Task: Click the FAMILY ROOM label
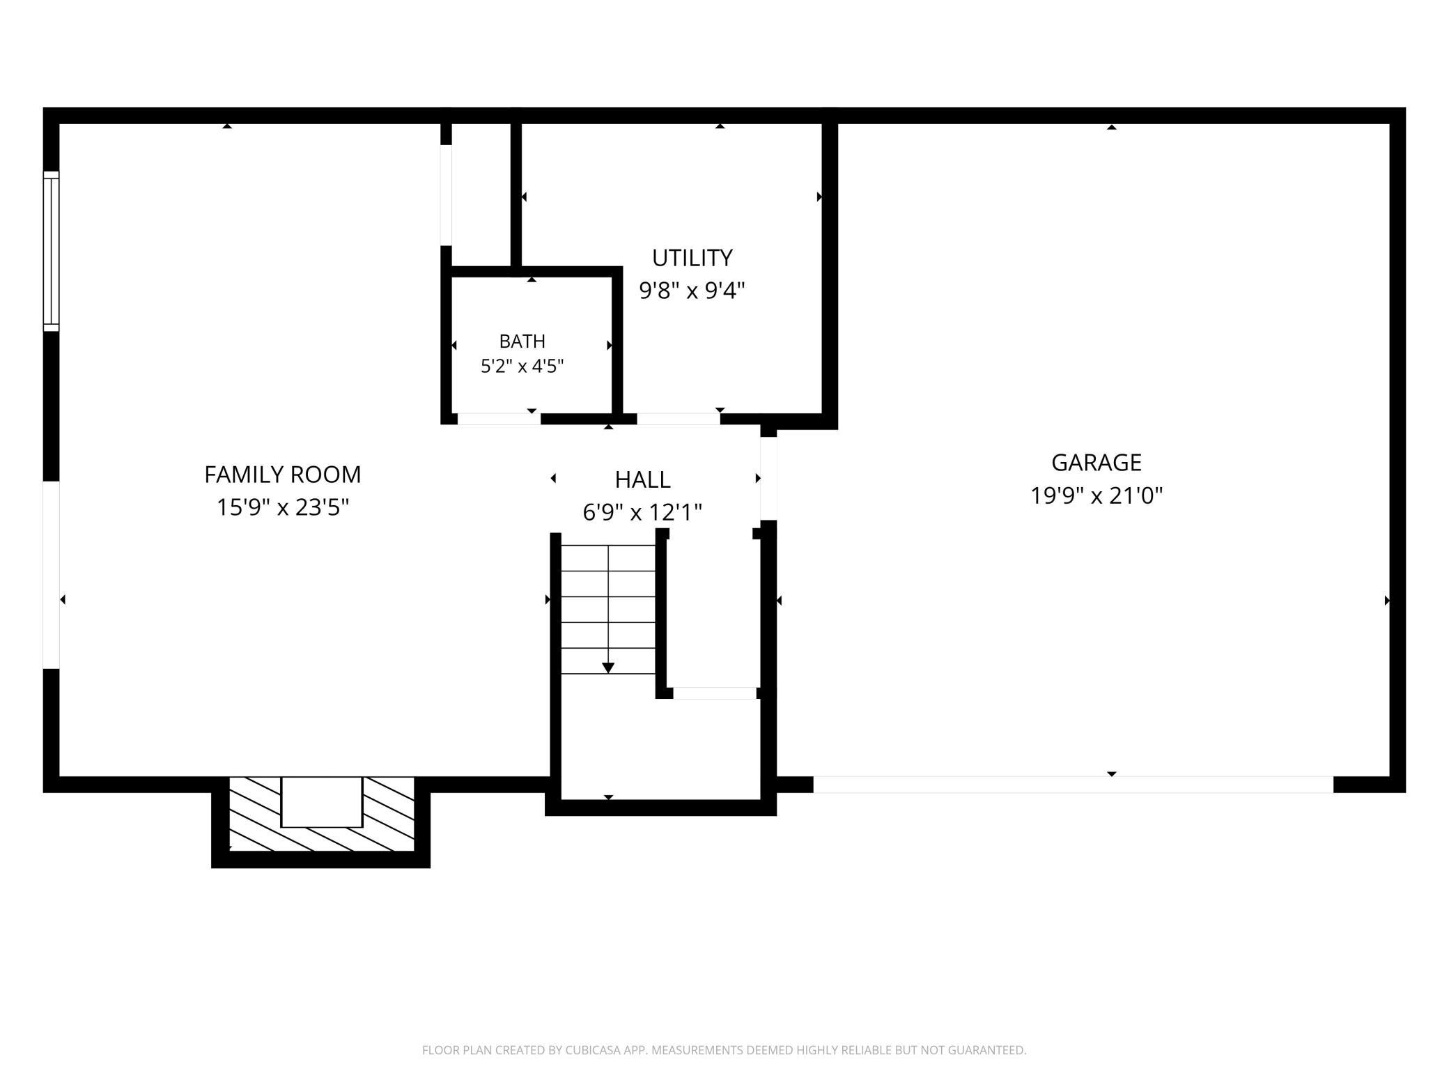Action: click(283, 475)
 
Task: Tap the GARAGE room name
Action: click(1097, 463)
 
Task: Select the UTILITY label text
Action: click(692, 258)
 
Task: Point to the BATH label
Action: click(522, 341)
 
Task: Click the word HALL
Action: click(643, 479)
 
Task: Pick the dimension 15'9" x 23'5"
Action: click(283, 507)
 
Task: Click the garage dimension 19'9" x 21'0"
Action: click(1097, 495)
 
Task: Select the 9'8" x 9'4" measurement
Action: click(692, 290)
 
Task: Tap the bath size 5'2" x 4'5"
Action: click(522, 366)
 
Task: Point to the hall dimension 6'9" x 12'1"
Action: click(643, 513)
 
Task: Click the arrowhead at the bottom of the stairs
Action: click(608, 668)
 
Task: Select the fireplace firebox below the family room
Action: click(322, 802)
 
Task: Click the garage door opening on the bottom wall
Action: click(1074, 785)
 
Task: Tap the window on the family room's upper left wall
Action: click(52, 251)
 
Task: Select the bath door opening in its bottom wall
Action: click(499, 419)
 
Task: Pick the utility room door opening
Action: click(679, 419)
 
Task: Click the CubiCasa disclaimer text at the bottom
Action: click(724, 1050)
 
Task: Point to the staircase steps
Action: click(608, 610)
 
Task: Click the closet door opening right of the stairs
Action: click(715, 693)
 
